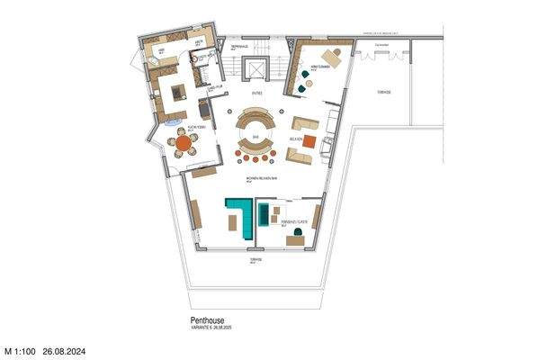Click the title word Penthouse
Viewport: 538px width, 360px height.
point(206,319)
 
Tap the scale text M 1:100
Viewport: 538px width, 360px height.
point(19,349)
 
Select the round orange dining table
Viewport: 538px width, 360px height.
point(184,142)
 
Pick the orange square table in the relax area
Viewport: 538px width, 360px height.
point(309,140)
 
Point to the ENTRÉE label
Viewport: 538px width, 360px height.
point(256,92)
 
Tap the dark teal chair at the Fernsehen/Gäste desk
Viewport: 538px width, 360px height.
point(296,238)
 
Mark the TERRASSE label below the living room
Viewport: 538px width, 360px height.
point(256,259)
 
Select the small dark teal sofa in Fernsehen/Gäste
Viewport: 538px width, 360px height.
point(263,214)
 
